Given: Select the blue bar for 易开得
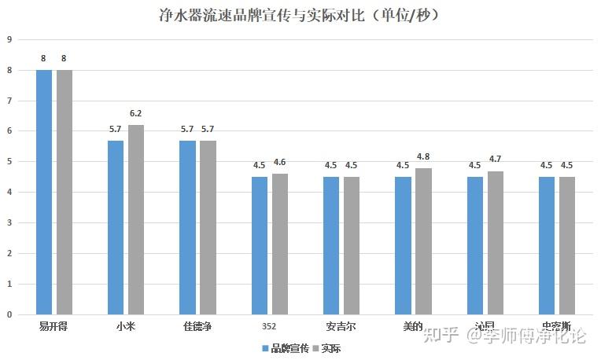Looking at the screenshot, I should click(44, 192).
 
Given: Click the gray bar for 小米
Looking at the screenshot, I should click(136, 219).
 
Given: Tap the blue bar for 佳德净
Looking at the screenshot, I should click(187, 227).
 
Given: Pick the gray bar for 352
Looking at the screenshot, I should click(279, 244).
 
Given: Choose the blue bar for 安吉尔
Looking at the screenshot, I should click(331, 245).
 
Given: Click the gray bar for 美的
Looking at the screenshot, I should click(423, 241).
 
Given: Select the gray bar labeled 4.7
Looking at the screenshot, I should click(495, 242).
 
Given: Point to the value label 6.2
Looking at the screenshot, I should click(136, 113).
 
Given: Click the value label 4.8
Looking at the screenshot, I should click(423, 156).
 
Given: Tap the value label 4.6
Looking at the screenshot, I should click(279, 162).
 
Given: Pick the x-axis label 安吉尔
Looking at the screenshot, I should click(341, 326).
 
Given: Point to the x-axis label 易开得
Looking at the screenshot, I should click(53, 326).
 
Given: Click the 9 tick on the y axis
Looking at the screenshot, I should click(9, 39).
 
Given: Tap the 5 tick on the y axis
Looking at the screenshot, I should click(9, 162).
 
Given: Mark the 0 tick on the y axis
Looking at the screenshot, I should click(9, 314).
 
